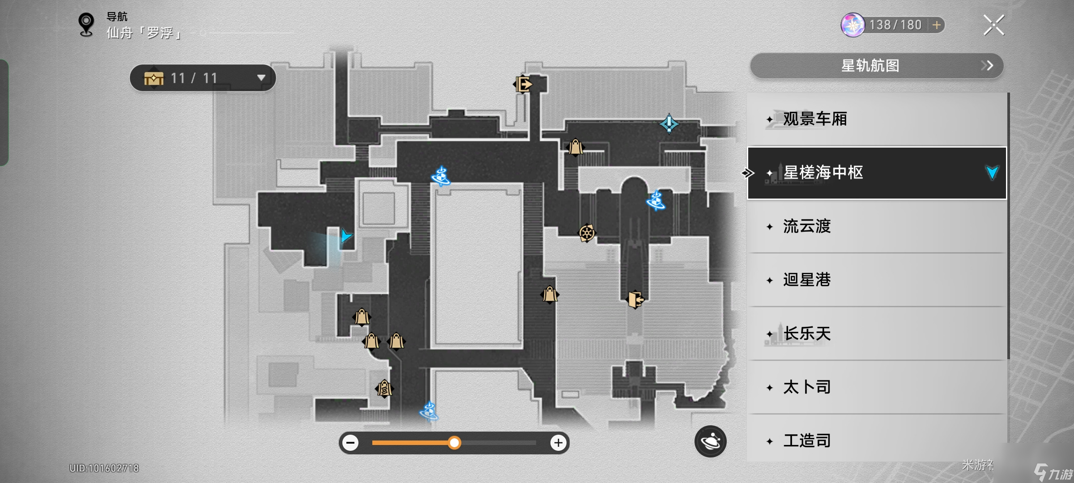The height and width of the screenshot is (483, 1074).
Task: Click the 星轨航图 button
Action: click(876, 66)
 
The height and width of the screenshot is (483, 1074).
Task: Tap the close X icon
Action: click(993, 25)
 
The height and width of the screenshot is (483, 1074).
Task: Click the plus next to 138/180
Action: click(936, 25)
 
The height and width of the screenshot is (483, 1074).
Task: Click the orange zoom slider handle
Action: click(454, 443)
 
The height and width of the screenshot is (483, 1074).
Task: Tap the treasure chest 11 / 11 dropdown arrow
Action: click(261, 78)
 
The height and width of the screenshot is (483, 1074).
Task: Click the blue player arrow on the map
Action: click(345, 236)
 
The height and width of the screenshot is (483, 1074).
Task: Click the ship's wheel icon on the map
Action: click(587, 233)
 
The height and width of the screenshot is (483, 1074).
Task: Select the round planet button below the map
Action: click(710, 441)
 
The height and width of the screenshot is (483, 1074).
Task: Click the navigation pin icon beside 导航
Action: click(86, 24)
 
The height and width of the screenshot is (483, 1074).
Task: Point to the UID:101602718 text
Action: click(104, 468)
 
